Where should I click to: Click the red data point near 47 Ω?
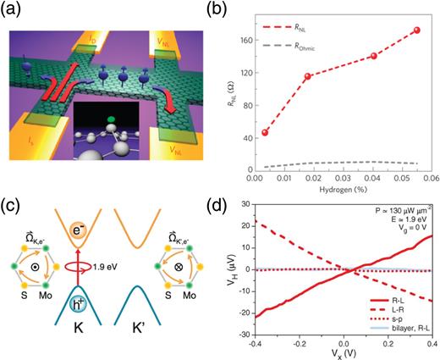(265, 132)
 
